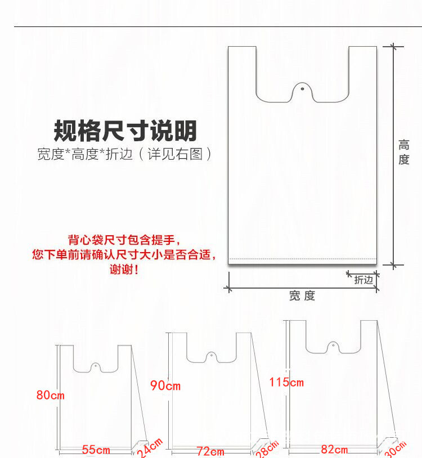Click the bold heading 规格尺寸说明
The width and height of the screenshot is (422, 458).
pyautogui.click(x=125, y=131)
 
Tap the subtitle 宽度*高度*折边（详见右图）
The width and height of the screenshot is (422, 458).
pyautogui.click(x=125, y=154)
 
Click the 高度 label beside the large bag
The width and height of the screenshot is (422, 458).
pyautogui.click(x=403, y=152)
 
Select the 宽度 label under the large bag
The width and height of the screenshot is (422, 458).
pyautogui.click(x=302, y=296)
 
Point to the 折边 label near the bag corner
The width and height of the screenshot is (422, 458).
pyautogui.click(x=363, y=280)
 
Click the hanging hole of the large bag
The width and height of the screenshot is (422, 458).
pyautogui.click(x=303, y=89)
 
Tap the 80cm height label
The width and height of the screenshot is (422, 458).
pyautogui.click(x=51, y=396)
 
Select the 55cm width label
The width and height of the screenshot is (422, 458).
pyautogui.click(x=96, y=450)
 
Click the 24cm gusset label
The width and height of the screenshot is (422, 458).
pyautogui.click(x=149, y=448)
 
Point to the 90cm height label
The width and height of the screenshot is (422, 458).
pyautogui.click(x=165, y=386)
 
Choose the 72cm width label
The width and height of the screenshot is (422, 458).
pyautogui.click(x=210, y=451)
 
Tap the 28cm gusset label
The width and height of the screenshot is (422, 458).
pyautogui.click(x=267, y=449)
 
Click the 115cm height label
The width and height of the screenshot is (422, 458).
pyautogui.click(x=286, y=383)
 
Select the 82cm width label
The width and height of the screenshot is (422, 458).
pyautogui.click(x=334, y=450)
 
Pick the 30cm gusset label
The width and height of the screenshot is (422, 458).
pyautogui.click(x=394, y=448)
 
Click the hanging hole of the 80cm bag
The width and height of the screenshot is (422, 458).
pyautogui.click(x=96, y=366)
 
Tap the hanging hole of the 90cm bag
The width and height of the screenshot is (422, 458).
pyautogui.click(x=211, y=356)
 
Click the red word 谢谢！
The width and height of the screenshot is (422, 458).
pyautogui.click(x=124, y=270)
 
